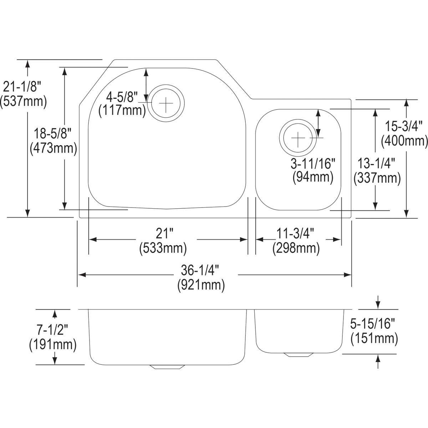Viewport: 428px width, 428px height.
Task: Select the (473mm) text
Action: click(53, 148)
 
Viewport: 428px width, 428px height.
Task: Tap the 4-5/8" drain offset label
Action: click(122, 96)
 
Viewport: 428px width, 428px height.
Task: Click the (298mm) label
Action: click(296, 248)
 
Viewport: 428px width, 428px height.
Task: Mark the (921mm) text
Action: click(201, 285)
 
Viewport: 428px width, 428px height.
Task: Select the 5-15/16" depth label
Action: click(374, 324)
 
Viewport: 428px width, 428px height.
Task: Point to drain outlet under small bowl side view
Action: click(297, 355)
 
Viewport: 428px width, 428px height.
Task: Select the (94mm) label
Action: click(313, 177)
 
